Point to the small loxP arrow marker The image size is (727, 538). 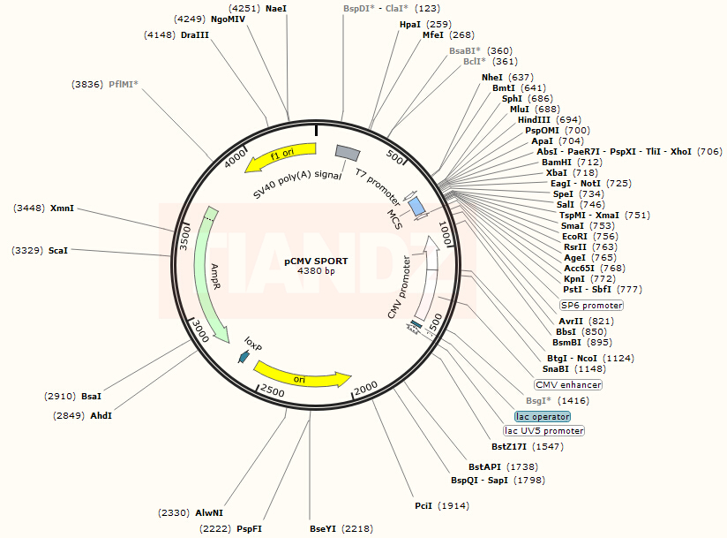[244, 356]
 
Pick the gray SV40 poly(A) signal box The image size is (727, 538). [345, 154]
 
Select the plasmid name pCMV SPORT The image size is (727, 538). [315, 261]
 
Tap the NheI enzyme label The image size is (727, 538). [491, 77]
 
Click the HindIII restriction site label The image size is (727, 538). [534, 119]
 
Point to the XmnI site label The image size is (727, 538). [62, 208]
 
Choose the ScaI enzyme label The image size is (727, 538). [58, 251]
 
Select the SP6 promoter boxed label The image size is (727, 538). [591, 305]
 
